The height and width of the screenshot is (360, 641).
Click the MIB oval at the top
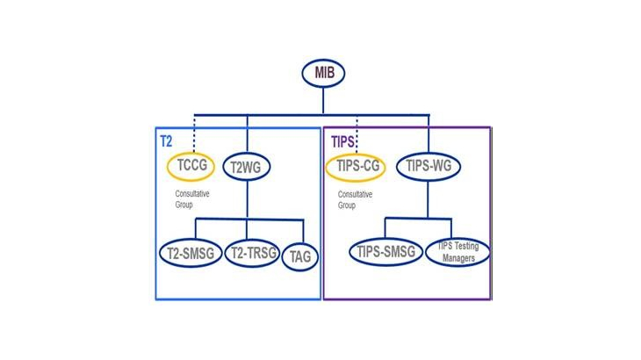pos(323,73)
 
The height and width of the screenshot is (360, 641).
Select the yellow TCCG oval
pos(191,166)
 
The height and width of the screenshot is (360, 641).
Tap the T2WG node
pos(247,167)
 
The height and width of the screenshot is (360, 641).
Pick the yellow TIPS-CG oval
pos(356,167)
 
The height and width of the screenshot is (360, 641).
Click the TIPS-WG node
pos(429,166)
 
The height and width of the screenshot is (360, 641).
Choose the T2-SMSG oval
pos(191,253)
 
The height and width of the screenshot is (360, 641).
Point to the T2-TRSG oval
pos(253,253)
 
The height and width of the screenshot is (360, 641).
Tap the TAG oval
pos(300,257)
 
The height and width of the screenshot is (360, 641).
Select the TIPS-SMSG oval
pos(385,252)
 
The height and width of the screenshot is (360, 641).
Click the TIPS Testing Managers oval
pos(457,252)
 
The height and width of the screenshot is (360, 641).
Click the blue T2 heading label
pos(166,141)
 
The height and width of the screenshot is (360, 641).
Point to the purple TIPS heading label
pos(342,141)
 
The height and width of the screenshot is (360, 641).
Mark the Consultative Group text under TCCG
pos(192,199)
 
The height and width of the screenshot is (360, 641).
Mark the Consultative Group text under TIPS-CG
pos(355,200)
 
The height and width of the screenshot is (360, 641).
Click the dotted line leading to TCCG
pos(194,133)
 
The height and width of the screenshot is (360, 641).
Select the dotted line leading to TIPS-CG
pos(357,134)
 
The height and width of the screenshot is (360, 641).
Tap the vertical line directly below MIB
pos(323,101)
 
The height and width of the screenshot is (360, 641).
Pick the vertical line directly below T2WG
pos(247,200)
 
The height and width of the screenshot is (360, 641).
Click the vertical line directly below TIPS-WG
pos(428,199)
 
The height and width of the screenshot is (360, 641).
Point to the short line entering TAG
pos(303,232)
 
